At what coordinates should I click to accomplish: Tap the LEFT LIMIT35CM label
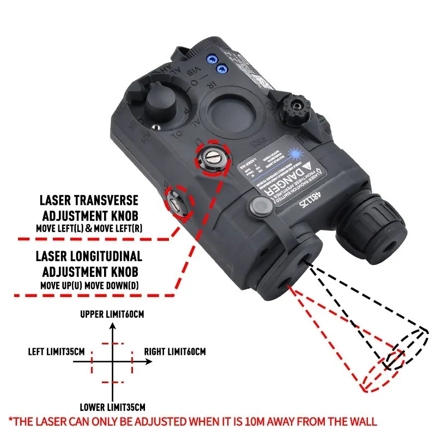pos(56,351)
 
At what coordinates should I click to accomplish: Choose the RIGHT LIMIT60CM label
pos(175,351)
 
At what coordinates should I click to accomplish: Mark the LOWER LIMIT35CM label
pos(113,407)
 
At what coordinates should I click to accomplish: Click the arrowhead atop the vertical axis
pos(112,326)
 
